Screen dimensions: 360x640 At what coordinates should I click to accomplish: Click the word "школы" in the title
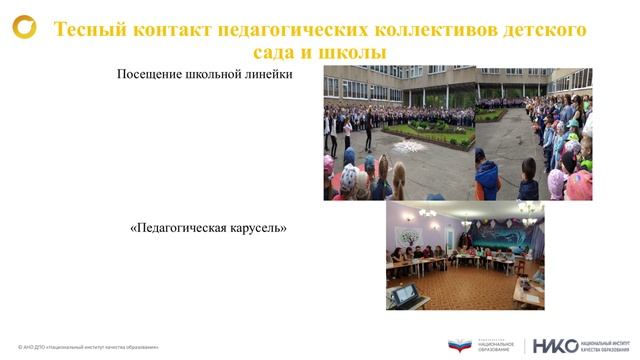click(355, 51)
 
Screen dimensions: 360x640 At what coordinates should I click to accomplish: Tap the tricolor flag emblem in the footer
click(460, 345)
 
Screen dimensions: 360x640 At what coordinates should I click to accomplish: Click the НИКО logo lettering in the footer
click(555, 345)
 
